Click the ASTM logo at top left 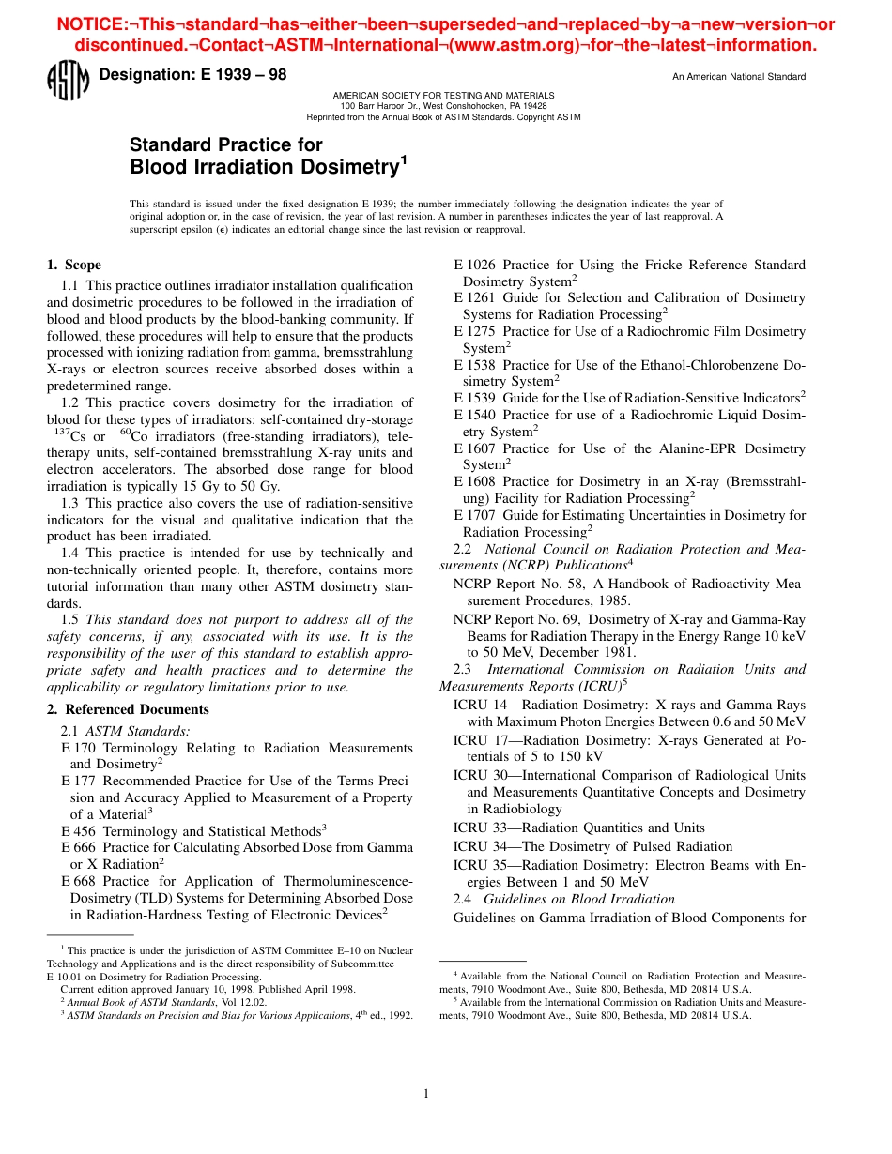pos(67,81)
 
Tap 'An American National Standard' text pos(738,77)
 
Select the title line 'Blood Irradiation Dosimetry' pos(264,167)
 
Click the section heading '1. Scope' pos(74,266)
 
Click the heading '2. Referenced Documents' pos(128,709)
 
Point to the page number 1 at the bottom pos(426,1093)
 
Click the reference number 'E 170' pos(79,748)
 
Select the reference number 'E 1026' pos(475,266)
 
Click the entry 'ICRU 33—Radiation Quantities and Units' pos(578,828)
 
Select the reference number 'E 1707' pos(475,515)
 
